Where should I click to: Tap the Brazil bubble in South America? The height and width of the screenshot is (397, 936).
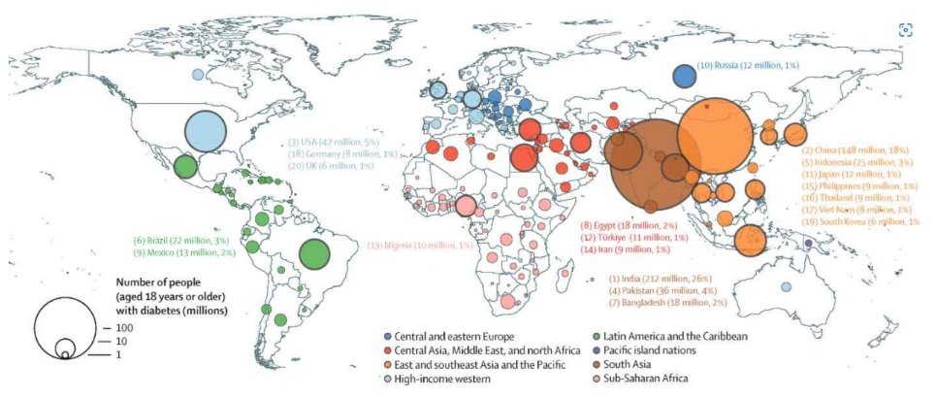(x=314, y=255)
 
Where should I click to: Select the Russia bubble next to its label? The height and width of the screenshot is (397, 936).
(x=684, y=77)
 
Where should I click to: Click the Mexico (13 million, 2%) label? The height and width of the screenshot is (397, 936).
(x=184, y=252)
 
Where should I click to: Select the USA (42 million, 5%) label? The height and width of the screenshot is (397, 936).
(x=325, y=142)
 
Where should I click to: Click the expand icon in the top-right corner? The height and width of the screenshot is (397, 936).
(x=905, y=29)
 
